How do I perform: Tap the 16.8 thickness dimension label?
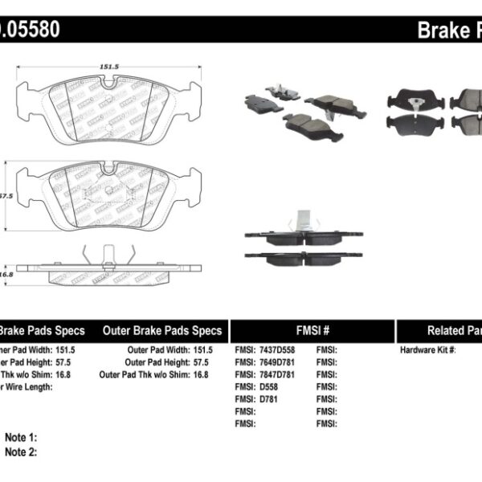coord(6,273)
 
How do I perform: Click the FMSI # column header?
coord(312,330)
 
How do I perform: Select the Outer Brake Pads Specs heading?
coord(162,330)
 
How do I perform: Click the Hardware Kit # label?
coord(428,350)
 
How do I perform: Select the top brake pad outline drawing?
coord(105,108)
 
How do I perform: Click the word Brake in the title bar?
coord(440,31)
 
